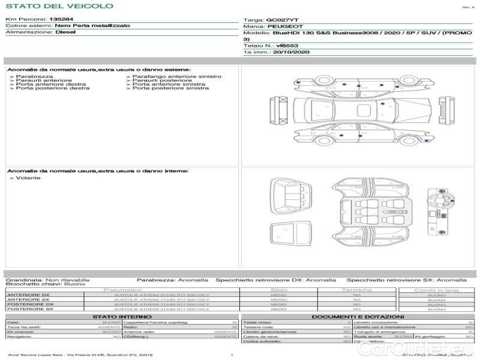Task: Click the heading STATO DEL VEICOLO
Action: [x=59, y=6]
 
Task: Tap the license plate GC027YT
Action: [x=281, y=20]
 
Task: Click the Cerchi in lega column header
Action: [x=436, y=290]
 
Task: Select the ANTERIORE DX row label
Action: [x=28, y=295]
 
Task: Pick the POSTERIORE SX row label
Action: [x=29, y=309]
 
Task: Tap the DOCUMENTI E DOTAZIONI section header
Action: [x=358, y=316]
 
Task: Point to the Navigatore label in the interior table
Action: [x=20, y=337]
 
